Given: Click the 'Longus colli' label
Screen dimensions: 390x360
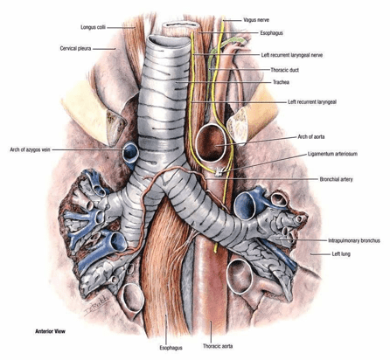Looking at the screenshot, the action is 93,27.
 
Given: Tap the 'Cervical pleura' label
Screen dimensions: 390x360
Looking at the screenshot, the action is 75,48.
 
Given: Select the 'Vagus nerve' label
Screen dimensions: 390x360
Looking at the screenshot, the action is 256,20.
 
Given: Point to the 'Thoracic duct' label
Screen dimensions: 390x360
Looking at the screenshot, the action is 284,70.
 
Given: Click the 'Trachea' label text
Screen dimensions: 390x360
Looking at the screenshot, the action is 281,82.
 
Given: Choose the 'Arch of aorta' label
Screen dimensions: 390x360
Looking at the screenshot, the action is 311,136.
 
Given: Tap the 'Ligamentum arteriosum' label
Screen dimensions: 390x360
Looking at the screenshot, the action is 332,154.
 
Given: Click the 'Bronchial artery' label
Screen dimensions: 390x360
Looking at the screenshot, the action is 336,179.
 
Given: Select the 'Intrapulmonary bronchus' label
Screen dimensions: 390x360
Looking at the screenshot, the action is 354,240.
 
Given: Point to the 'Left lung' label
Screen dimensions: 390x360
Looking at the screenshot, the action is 341,254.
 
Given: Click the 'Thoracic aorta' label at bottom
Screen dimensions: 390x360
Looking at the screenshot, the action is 218,346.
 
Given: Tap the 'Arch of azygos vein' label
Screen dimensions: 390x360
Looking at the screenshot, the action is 30,149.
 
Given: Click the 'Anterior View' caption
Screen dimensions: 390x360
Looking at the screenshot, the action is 50,331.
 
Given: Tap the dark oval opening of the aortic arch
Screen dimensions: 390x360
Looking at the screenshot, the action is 211,143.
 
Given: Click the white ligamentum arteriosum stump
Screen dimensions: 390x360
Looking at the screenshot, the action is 218,173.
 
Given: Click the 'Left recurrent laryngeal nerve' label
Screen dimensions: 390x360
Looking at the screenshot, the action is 292,55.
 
